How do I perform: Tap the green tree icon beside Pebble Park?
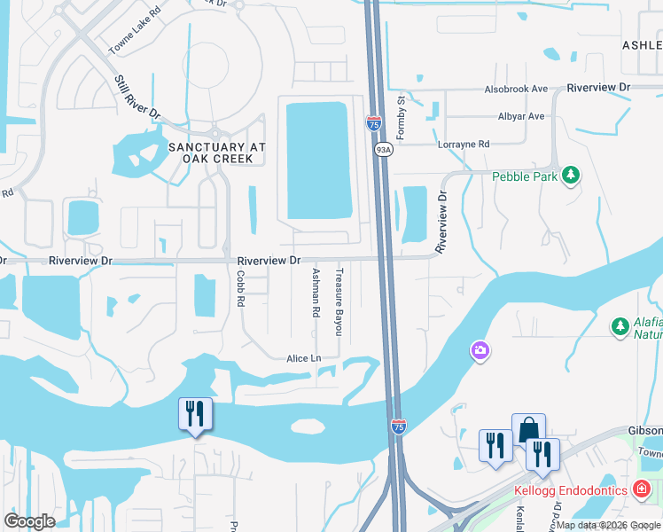point(573,175)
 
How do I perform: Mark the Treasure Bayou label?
point(338,301)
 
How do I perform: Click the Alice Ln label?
point(302,358)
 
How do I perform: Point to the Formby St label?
point(401,118)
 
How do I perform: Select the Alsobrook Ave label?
point(516,90)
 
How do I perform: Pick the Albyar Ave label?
point(521,116)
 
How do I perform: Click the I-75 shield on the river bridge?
point(399,427)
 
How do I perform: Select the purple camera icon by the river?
point(480,350)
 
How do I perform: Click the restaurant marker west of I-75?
point(195,414)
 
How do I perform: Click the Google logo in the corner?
point(29,521)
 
